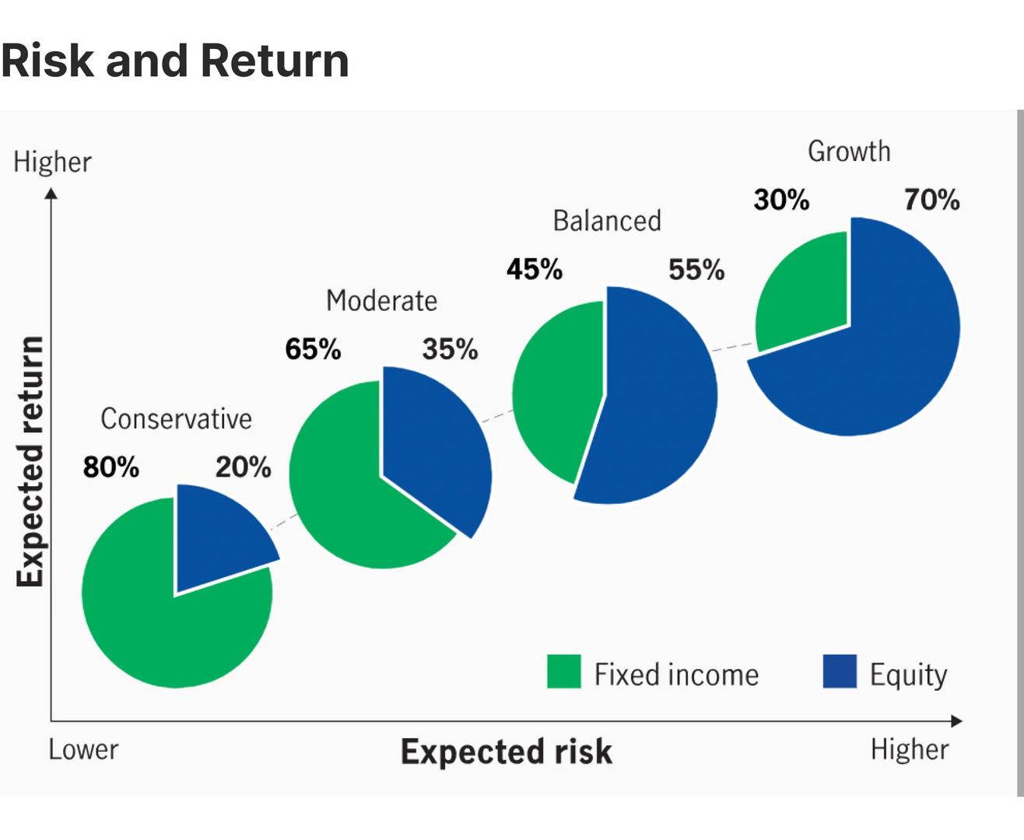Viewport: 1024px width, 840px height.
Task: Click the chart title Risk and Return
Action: (175, 61)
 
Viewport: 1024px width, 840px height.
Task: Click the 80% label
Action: (111, 467)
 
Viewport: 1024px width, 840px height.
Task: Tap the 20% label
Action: (243, 467)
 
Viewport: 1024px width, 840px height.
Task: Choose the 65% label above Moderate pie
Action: (313, 349)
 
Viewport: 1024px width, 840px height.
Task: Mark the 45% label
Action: (534, 270)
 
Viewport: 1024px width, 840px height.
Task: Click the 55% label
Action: (696, 270)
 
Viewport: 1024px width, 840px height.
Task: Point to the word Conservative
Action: (176, 418)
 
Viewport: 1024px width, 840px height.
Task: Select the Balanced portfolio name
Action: (607, 221)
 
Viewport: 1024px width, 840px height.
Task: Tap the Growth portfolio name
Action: (849, 151)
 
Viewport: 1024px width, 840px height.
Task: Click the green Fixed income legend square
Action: (564, 671)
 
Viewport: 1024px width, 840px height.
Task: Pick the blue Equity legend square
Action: (840, 671)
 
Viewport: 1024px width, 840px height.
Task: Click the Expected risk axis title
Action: (507, 752)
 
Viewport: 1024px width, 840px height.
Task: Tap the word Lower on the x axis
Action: (83, 750)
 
